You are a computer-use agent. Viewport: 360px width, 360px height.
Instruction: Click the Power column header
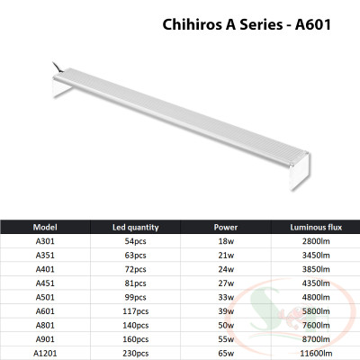226,228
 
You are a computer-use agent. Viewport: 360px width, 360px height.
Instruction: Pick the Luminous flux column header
314,228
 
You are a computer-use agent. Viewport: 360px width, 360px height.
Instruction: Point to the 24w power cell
226,270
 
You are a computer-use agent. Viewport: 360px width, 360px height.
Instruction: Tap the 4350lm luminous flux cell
314,283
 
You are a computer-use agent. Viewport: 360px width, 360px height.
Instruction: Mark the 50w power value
226,324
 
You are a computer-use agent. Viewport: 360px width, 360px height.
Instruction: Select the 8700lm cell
314,337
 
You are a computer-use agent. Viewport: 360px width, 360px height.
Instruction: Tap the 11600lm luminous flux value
314,351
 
